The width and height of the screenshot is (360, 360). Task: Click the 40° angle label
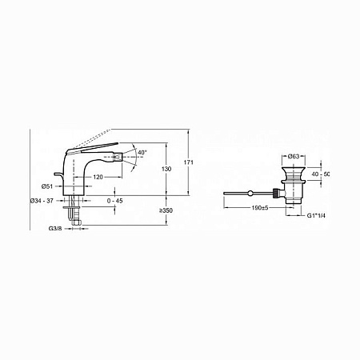142,153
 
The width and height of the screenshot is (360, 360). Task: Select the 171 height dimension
189,162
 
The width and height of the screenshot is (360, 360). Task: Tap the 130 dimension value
166,169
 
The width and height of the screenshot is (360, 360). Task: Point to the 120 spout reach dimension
98,177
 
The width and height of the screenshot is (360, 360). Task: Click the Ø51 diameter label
47,186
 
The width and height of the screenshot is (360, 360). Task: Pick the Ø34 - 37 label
42,201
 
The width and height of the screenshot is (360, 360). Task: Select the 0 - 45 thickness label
115,201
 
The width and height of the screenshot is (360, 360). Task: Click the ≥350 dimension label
166,210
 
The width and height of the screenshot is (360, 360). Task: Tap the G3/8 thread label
55,229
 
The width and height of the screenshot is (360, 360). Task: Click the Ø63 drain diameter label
294,157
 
